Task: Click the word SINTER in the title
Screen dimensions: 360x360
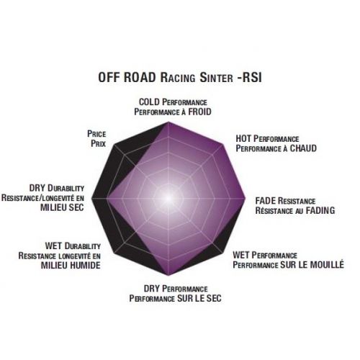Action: pyautogui.click(x=216, y=78)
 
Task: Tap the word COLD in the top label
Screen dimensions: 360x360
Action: pyautogui.click(x=149, y=102)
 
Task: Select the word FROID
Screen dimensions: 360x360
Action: pyautogui.click(x=199, y=112)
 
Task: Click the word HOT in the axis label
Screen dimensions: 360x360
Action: pyautogui.click(x=243, y=138)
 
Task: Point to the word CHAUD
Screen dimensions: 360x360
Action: pyautogui.click(x=303, y=148)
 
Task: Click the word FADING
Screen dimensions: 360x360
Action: pyautogui.click(x=320, y=210)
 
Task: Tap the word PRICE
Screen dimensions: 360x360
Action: pyautogui.click(x=96, y=134)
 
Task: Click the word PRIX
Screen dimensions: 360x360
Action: pyautogui.click(x=99, y=143)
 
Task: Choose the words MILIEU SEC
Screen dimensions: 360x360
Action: pyautogui.click(x=62, y=207)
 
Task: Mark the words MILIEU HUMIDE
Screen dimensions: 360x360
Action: pyautogui.click(x=71, y=265)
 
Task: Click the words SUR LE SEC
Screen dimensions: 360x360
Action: pyautogui.click(x=199, y=298)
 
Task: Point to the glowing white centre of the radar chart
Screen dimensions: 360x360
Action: pyautogui.click(x=168, y=199)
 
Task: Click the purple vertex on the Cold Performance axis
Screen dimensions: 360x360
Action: pyautogui.click(x=168, y=122)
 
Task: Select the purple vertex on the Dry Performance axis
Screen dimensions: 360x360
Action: pyautogui.click(x=168, y=275)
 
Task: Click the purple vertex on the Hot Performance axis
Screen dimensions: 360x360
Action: pyautogui.click(x=222, y=145)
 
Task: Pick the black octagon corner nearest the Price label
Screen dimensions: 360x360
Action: pyautogui.click(x=114, y=145)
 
